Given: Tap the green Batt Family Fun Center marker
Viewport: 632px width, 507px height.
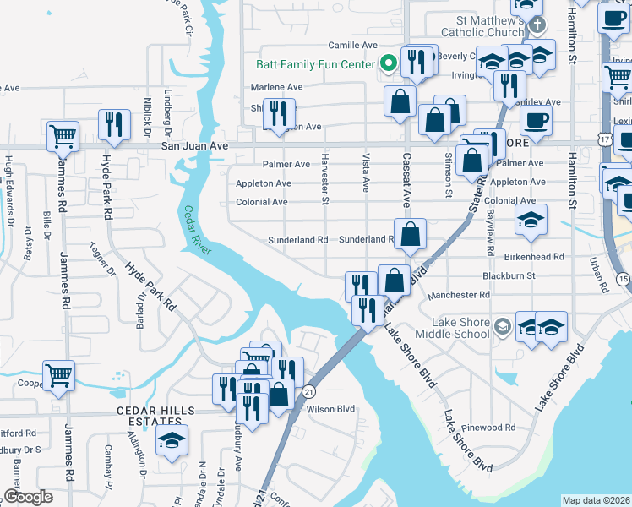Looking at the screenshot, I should click(389, 63).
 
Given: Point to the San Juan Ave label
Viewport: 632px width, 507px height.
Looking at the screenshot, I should click(194, 146).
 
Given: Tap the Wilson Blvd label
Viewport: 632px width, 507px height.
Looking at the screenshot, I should click(330, 409).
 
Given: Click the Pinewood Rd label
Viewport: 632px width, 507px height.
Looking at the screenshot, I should click(493, 428).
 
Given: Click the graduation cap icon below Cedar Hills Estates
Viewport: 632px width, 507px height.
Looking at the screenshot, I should click(172, 440).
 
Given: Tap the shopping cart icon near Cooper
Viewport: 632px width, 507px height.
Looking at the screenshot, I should click(58, 375).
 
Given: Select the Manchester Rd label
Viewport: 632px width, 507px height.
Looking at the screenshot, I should click(459, 295).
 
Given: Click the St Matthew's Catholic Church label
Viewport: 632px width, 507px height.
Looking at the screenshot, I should click(497, 26).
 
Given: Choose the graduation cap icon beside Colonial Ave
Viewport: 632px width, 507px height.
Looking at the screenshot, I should click(531, 221).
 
